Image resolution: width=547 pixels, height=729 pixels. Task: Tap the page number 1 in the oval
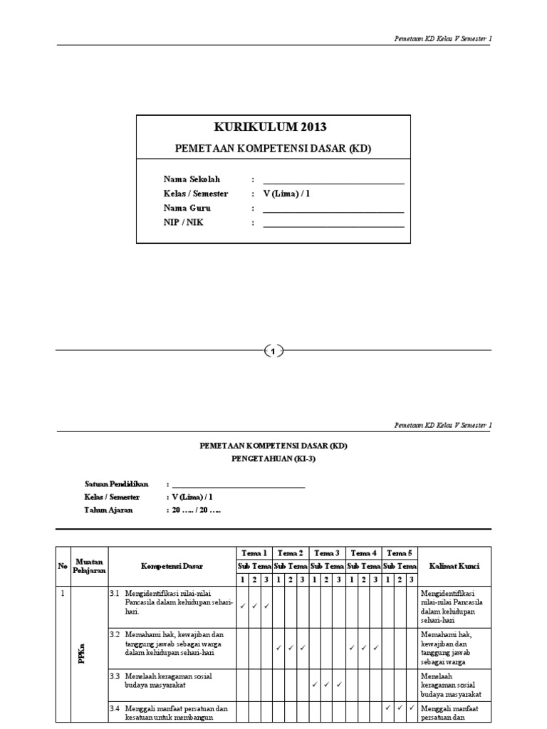pos(273,350)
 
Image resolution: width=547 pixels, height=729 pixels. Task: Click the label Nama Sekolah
pos(192,179)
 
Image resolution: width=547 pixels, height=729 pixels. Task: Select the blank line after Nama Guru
pos(333,211)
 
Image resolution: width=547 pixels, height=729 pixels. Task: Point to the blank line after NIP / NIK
pos(333,226)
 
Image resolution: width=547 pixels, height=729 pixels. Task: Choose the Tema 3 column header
pos(328,553)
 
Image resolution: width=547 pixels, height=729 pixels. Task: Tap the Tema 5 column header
pos(400,553)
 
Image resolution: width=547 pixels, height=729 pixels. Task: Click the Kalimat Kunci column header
pos(454,566)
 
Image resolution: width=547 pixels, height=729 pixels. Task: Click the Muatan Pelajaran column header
pos(89,566)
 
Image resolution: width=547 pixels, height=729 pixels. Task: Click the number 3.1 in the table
pos(115,593)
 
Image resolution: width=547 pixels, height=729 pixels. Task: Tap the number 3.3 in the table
pos(115,676)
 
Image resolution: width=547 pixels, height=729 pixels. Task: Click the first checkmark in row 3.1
pos(243,606)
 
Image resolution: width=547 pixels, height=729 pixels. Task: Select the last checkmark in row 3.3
pos(339,684)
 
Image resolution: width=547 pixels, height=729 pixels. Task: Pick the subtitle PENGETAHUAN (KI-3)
pos(273,459)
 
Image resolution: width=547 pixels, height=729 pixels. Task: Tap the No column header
pos(63,566)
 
